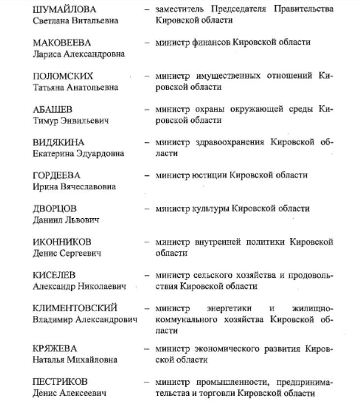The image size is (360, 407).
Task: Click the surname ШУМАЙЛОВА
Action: [x=64, y=9]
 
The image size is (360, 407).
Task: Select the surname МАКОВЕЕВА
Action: [x=61, y=43]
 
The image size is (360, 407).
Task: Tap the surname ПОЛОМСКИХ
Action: [x=62, y=76]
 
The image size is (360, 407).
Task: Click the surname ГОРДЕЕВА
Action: [x=56, y=175]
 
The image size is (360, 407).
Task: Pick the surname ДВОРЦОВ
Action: [x=55, y=209]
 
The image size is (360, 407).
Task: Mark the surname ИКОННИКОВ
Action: [x=61, y=242]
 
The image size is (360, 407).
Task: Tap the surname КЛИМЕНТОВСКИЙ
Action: [x=75, y=309]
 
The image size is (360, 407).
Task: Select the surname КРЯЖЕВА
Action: [x=55, y=349]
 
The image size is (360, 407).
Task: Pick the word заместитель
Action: [x=179, y=9]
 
